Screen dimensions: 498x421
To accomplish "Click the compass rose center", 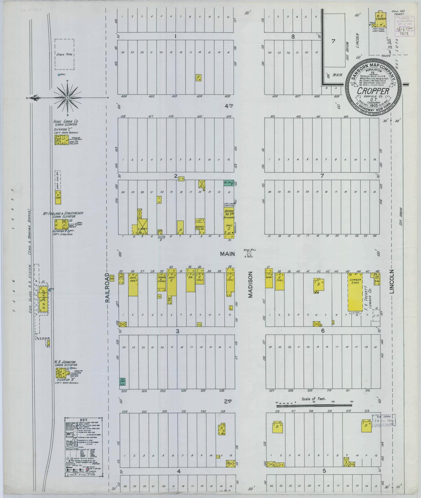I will click(67, 98).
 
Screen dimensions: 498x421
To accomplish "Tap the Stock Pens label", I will click(64, 54).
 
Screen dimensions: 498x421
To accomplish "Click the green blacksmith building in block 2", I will click(228, 183).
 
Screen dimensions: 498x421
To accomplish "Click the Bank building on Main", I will click(269, 280).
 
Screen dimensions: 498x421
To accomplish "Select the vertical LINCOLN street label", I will click(392, 281).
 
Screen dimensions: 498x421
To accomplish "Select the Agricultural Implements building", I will click(133, 284).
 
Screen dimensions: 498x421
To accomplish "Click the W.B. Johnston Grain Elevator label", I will click(65, 363).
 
